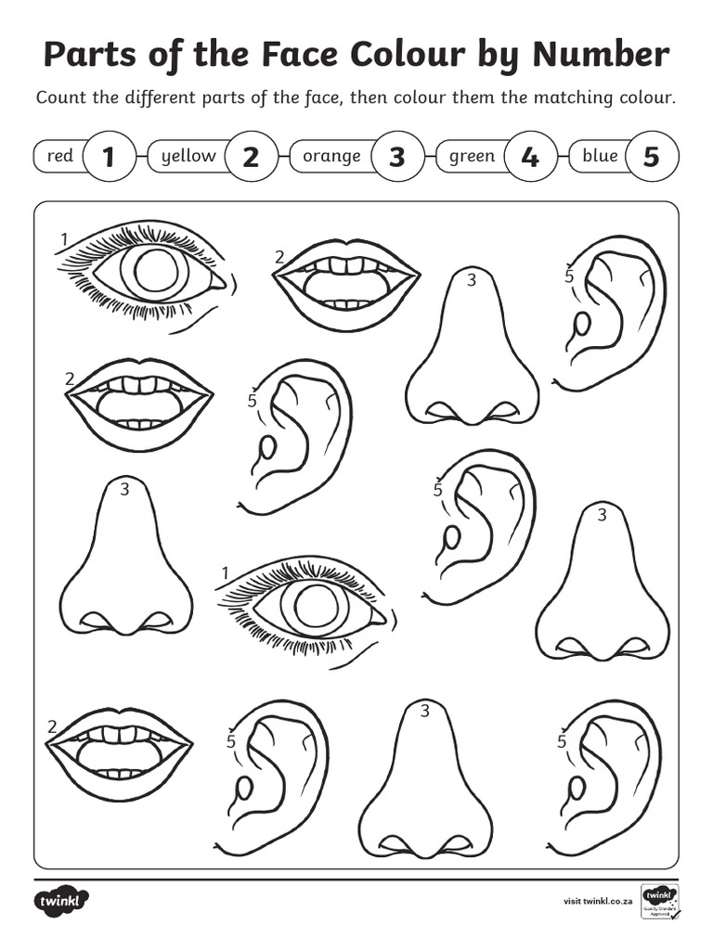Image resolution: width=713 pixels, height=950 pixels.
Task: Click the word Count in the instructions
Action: [61, 98]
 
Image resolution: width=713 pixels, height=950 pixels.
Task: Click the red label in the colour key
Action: [59, 156]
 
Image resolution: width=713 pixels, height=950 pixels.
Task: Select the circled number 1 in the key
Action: [109, 157]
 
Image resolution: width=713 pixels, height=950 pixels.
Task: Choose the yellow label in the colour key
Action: [188, 156]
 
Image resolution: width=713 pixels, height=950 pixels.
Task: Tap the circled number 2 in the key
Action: [251, 157]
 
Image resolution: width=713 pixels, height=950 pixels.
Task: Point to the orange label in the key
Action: [331, 156]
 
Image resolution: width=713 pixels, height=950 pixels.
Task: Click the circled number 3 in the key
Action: [397, 157]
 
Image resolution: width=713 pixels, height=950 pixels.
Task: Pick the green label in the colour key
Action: [472, 156]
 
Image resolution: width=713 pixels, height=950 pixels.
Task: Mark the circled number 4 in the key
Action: [530, 157]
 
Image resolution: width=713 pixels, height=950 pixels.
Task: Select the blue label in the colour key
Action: [600, 156]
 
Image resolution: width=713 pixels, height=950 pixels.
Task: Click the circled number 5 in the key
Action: [652, 157]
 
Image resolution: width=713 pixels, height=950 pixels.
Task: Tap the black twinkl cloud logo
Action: [63, 900]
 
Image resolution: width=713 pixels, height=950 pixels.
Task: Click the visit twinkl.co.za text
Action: [599, 901]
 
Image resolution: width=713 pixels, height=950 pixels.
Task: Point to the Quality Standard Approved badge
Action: [660, 903]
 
